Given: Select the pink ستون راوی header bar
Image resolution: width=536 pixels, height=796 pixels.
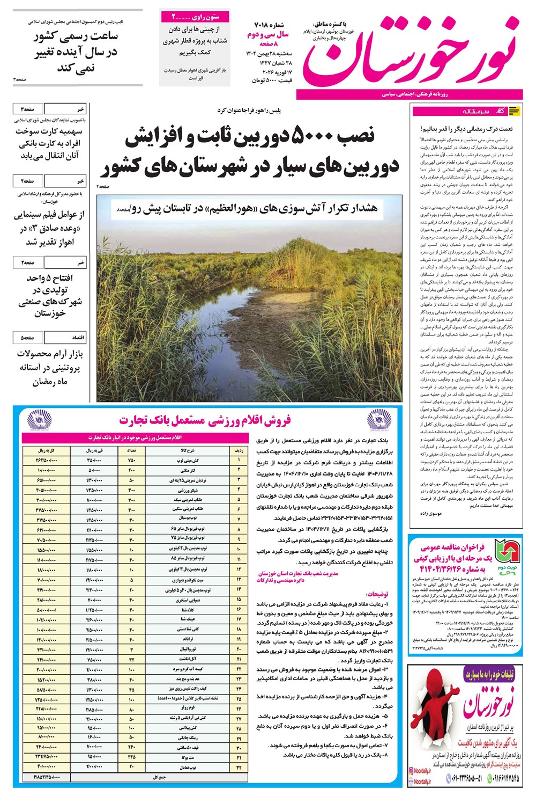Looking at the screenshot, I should tap(195, 17).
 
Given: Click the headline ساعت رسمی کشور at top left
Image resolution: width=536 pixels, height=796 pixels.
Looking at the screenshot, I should tap(75, 37).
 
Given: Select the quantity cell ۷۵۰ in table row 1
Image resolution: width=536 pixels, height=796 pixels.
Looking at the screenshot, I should tap(132, 461).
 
